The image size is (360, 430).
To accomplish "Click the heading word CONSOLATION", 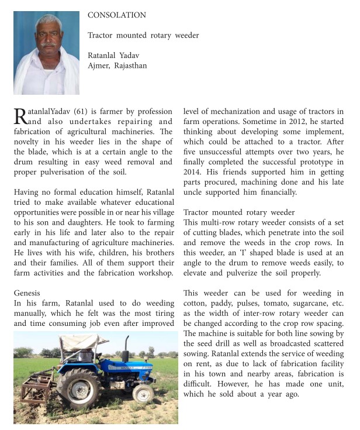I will pyautogui.click(x=117, y=15).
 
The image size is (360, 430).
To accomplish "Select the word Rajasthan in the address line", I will pyautogui.click(x=130, y=66).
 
